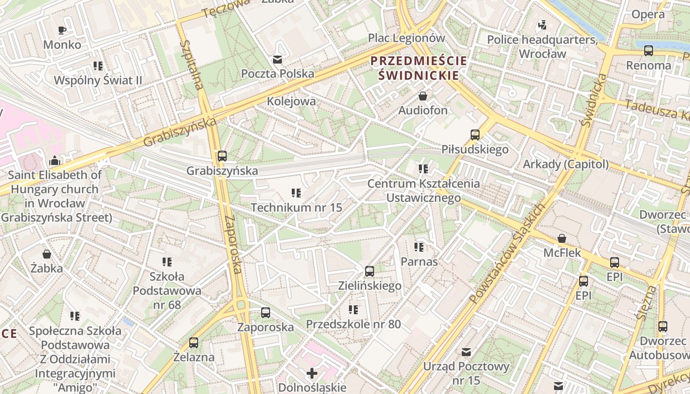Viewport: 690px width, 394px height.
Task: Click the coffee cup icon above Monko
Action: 62,30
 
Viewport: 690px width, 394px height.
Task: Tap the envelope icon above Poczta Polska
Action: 277,60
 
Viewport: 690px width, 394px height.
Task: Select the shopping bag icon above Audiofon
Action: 422,96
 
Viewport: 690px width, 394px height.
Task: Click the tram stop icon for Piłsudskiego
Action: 475,135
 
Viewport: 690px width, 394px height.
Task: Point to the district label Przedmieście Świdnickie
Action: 418,68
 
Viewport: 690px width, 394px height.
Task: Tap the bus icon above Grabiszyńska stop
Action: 222,156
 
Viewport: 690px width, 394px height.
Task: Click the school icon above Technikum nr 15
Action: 296,193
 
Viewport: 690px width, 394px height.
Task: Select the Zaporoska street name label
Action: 233,244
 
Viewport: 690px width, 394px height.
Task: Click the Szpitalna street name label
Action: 192,65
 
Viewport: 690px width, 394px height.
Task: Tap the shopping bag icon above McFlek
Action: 561,239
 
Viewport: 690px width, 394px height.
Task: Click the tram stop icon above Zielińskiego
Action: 370,271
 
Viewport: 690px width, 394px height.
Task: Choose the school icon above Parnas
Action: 419,247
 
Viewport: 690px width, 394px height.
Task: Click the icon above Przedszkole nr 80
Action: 353,310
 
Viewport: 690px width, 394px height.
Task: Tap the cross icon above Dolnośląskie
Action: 311,373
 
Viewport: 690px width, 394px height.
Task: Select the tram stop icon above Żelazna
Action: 194,342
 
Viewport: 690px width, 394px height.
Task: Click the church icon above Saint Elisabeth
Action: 54,161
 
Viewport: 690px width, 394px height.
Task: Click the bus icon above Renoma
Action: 649,51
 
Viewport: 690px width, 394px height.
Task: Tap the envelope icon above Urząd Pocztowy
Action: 466,352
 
